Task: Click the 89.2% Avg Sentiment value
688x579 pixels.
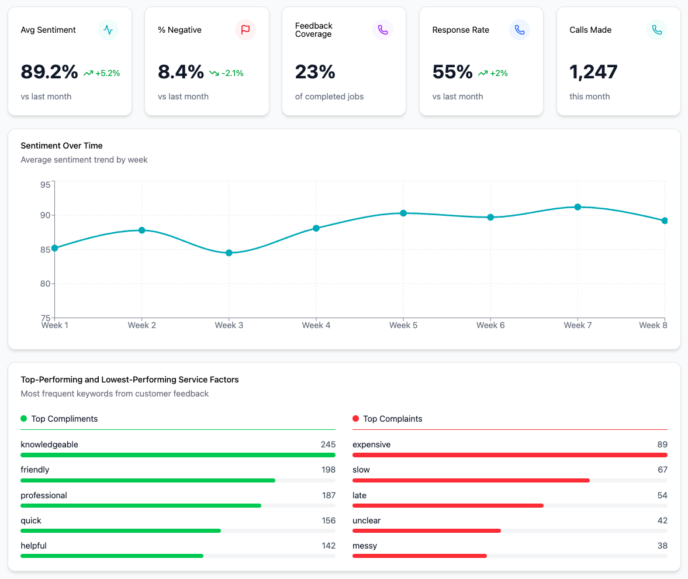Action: click(x=49, y=72)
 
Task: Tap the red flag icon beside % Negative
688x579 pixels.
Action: click(x=246, y=30)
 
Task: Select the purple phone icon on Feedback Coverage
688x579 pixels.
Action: click(x=383, y=30)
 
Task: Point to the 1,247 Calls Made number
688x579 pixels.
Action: click(x=593, y=72)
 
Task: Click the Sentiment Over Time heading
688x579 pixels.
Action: click(x=61, y=146)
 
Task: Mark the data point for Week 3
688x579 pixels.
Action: click(x=229, y=253)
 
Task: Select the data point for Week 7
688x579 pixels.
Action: click(x=578, y=207)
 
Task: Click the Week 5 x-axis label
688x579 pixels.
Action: click(x=403, y=325)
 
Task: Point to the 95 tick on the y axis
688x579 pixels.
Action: click(x=45, y=185)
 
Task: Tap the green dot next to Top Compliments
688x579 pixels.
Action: click(x=24, y=419)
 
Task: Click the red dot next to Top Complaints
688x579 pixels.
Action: click(x=356, y=419)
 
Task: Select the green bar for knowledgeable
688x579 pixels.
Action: click(x=178, y=455)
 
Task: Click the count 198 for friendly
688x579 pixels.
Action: click(x=328, y=470)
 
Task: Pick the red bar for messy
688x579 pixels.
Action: click(x=419, y=556)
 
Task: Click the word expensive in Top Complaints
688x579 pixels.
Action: click(x=371, y=444)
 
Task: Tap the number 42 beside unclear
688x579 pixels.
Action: click(x=662, y=521)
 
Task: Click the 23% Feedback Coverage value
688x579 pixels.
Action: click(x=315, y=72)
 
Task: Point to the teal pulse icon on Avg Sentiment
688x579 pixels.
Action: click(x=108, y=30)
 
